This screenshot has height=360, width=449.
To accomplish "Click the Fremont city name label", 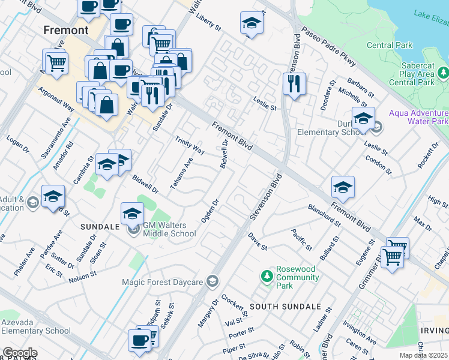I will pyautogui.click(x=66, y=30).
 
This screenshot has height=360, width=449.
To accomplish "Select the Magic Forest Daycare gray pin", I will pyautogui.click(x=211, y=281).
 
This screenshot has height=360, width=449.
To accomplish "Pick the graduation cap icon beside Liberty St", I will pyautogui.click(x=252, y=24).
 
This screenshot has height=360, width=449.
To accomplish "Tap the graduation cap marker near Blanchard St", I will pyautogui.click(x=343, y=187).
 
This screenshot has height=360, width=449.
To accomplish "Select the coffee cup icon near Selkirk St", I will pyautogui.click(x=139, y=340).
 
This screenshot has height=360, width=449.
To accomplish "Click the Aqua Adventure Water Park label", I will pyautogui.click(x=418, y=117).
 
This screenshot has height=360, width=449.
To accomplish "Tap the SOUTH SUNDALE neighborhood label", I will pyautogui.click(x=285, y=307).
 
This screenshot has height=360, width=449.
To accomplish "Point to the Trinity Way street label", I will pyautogui.click(x=189, y=145).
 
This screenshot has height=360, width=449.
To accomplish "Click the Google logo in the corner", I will pyautogui.click(x=19, y=352).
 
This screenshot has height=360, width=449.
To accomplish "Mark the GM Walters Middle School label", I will pyautogui.click(x=169, y=229).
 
